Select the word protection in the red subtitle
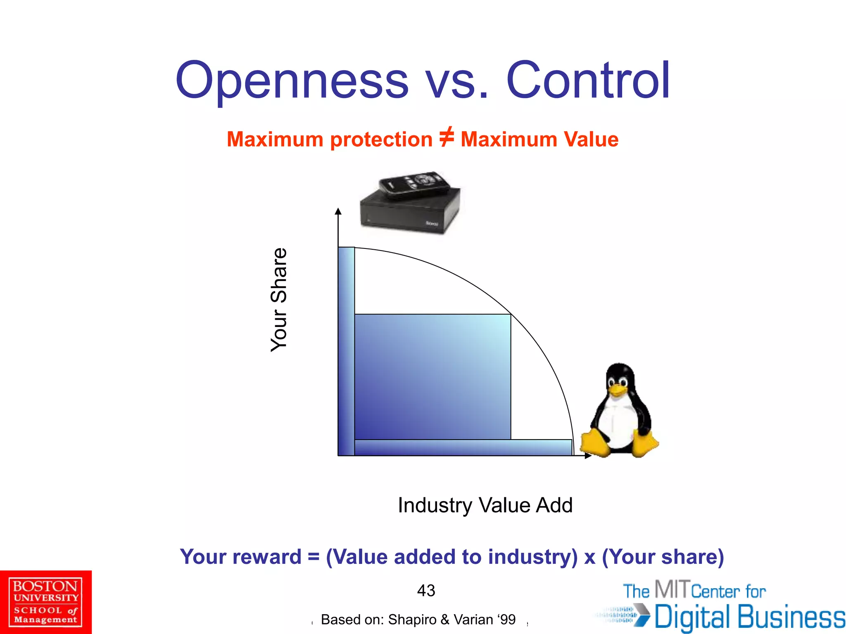pos(381,140)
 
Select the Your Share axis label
pos(279,300)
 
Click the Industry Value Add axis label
pos(485,505)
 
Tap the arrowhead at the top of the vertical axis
pos(338,211)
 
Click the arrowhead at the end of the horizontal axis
pos(588,456)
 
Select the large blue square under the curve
pos(433,376)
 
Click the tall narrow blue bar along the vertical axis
pos(346,351)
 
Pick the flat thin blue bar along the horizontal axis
pos(463,447)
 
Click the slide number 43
pos(426,591)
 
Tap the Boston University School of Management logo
pos(45,602)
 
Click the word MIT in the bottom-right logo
pos(672,589)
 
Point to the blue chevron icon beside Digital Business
pos(641,615)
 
